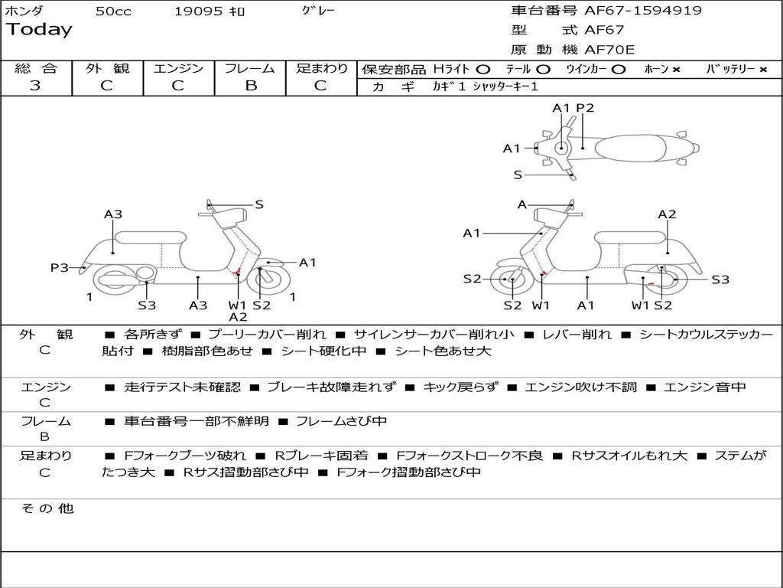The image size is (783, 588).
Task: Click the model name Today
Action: point(39,30)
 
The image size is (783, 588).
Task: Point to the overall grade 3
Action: point(35,86)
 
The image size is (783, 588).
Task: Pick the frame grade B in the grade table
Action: point(250,86)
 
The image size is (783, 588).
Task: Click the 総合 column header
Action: point(36,68)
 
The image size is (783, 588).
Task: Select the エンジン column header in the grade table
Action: point(178,68)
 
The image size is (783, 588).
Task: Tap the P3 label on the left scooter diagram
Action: point(60,267)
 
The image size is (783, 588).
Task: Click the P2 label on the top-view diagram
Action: point(585,108)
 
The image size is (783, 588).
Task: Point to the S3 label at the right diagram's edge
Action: point(720,279)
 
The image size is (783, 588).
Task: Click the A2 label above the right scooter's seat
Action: point(667,214)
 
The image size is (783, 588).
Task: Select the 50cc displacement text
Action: point(113,11)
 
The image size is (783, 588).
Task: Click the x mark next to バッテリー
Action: point(763,69)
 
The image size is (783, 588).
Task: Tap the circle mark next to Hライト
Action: point(483,69)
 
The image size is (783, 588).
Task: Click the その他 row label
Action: point(47,508)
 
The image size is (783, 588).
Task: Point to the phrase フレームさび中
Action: point(341,421)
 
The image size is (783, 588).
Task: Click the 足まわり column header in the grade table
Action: point(322,68)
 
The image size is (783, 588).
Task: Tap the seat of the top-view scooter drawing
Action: point(635,148)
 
